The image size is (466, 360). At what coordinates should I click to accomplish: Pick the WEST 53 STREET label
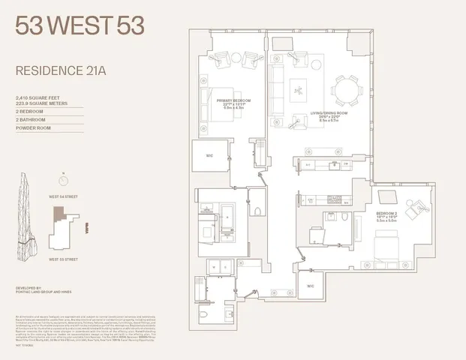click(64, 259)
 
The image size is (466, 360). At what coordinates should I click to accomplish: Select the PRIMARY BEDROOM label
click(233, 100)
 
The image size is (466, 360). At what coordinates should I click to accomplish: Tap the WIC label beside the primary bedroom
click(209, 157)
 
